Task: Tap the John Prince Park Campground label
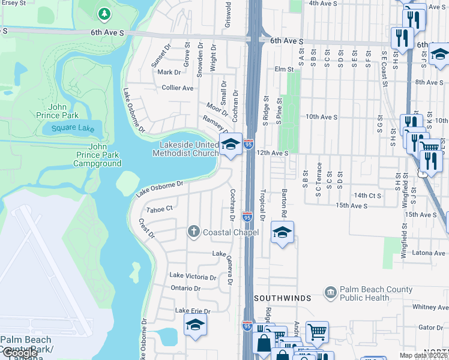pos(97,155)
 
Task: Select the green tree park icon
pos(104,13)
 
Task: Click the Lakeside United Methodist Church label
pos(189,149)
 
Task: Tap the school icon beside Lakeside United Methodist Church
pos(231,145)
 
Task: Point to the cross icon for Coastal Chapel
pos(194,232)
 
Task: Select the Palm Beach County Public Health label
pos(376,293)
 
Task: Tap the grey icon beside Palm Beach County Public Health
pos(331,293)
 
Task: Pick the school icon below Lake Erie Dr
pos(195,325)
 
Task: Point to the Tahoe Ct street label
pos(160,209)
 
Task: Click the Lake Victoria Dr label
pos(193,277)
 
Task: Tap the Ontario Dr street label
pos(185,288)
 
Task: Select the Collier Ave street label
pos(178,88)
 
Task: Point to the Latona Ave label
pos(429,253)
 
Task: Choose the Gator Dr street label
pos(430,327)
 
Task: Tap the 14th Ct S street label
pos(367,196)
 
